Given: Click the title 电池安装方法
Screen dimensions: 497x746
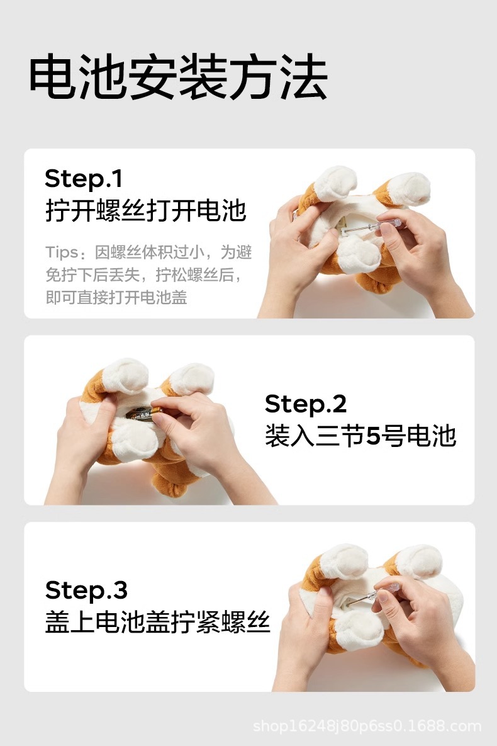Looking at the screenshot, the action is [x=178, y=77].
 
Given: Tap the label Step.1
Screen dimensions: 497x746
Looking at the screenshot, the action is [x=84, y=179].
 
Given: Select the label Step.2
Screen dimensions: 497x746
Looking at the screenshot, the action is [x=306, y=404].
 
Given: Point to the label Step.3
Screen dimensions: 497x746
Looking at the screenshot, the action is [x=87, y=590].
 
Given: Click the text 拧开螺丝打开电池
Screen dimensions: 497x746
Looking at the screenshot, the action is [x=145, y=210].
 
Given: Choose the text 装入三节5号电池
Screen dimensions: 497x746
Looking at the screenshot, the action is [x=360, y=436].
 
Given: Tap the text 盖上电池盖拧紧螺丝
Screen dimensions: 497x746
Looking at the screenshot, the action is [x=158, y=622].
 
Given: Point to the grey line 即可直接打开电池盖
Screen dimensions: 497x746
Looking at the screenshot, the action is [x=116, y=297].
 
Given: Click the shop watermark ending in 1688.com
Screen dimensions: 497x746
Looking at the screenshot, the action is [x=367, y=726].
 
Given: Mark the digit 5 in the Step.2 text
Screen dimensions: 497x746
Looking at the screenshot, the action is [x=373, y=436].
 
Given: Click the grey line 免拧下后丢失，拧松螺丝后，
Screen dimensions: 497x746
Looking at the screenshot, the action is [x=143, y=275].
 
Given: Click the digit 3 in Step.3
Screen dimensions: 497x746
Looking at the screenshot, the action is [x=121, y=591].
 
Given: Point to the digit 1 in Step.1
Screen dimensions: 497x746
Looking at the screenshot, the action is [x=118, y=179].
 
